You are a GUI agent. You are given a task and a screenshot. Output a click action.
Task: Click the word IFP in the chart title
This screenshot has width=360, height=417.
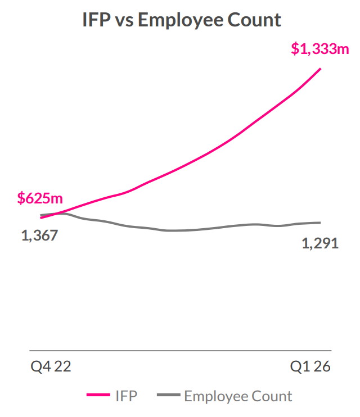tap(96, 20)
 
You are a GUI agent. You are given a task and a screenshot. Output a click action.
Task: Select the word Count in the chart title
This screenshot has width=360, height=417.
tap(254, 20)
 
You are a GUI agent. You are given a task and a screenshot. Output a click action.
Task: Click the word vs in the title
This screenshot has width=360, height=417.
tap(124, 22)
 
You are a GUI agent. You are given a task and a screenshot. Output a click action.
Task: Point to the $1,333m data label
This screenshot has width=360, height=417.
tap(320, 49)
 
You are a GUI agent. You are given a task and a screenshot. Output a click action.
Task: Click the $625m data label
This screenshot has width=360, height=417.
tap(40, 198)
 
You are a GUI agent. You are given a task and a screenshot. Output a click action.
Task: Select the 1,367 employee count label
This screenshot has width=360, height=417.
tap(39, 235)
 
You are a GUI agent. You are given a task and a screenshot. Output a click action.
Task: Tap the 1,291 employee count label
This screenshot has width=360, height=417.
tap(320, 243)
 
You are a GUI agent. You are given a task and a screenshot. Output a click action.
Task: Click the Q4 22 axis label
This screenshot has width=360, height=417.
tap(51, 366)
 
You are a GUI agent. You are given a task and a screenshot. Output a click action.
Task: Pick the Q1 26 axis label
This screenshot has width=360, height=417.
tap(310, 366)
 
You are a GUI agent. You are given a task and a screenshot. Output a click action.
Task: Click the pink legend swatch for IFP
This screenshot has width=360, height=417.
tap(98, 395)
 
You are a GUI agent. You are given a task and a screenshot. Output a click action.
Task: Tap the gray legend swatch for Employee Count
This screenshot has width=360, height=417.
tap(169, 395)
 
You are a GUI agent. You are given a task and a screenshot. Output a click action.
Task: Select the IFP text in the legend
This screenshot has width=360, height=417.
tap(127, 396)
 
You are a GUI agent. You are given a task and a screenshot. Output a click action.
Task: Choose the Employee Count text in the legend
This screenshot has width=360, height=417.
tap(238, 397)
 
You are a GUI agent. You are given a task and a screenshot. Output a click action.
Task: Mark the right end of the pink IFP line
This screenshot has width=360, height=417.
tap(320, 69)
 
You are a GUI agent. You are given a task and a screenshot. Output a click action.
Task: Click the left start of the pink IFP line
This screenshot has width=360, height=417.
tap(40, 217)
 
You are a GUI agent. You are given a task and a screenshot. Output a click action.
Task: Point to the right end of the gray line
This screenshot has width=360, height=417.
tap(320, 223)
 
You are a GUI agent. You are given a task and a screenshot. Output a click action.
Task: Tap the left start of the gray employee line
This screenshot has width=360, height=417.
tap(40, 215)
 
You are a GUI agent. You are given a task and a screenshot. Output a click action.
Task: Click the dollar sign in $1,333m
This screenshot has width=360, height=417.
tap(295, 49)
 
